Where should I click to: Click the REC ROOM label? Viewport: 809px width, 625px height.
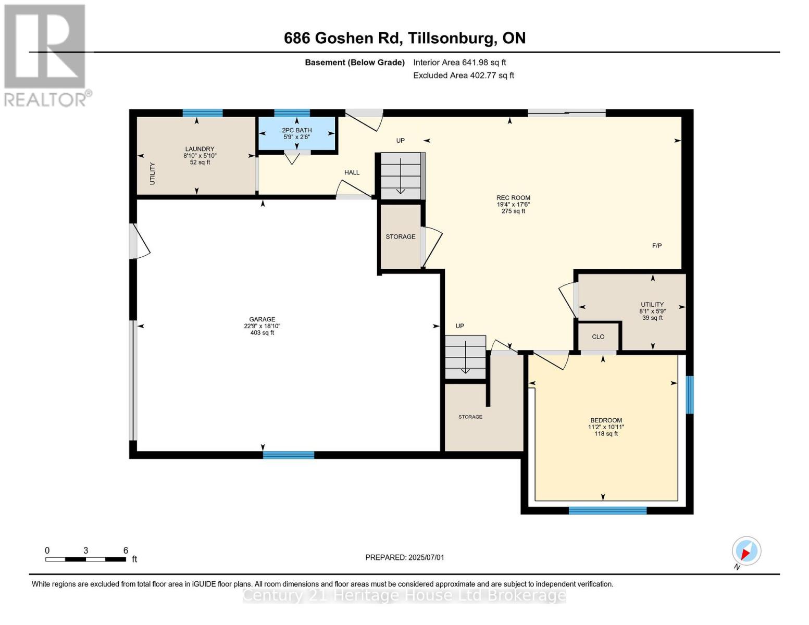(513, 198)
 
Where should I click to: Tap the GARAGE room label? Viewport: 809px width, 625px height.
(262, 319)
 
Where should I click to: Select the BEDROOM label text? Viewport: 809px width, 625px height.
(606, 420)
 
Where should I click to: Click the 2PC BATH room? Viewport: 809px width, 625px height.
(297, 134)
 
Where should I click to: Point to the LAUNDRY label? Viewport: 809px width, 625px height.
(200, 149)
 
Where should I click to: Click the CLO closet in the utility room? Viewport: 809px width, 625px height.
(598, 337)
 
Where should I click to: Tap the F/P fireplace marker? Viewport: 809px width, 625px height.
(657, 246)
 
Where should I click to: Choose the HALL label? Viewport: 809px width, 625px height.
(352, 172)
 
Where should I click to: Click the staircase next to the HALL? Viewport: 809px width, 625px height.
(401, 176)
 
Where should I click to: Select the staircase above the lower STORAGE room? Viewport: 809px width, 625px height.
(465, 357)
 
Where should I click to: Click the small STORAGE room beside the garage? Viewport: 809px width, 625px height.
(400, 236)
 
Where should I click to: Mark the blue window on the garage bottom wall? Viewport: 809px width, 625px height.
(289, 455)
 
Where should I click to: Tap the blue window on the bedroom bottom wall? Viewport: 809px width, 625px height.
(607, 510)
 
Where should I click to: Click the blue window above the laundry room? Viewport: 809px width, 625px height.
(203, 113)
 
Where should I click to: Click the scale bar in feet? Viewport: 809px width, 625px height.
(86, 559)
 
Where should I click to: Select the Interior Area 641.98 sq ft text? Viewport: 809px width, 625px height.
(459, 63)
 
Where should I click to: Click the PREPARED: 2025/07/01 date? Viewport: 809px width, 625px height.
(405, 557)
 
